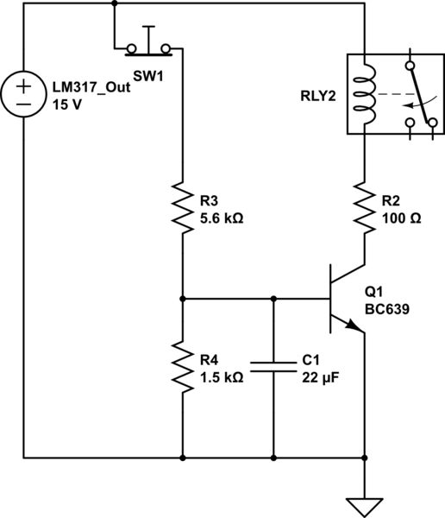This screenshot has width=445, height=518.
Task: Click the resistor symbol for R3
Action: click(x=183, y=207)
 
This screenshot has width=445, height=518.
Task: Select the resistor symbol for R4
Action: click(x=183, y=365)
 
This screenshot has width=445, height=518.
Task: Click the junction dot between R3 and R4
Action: click(x=183, y=300)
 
